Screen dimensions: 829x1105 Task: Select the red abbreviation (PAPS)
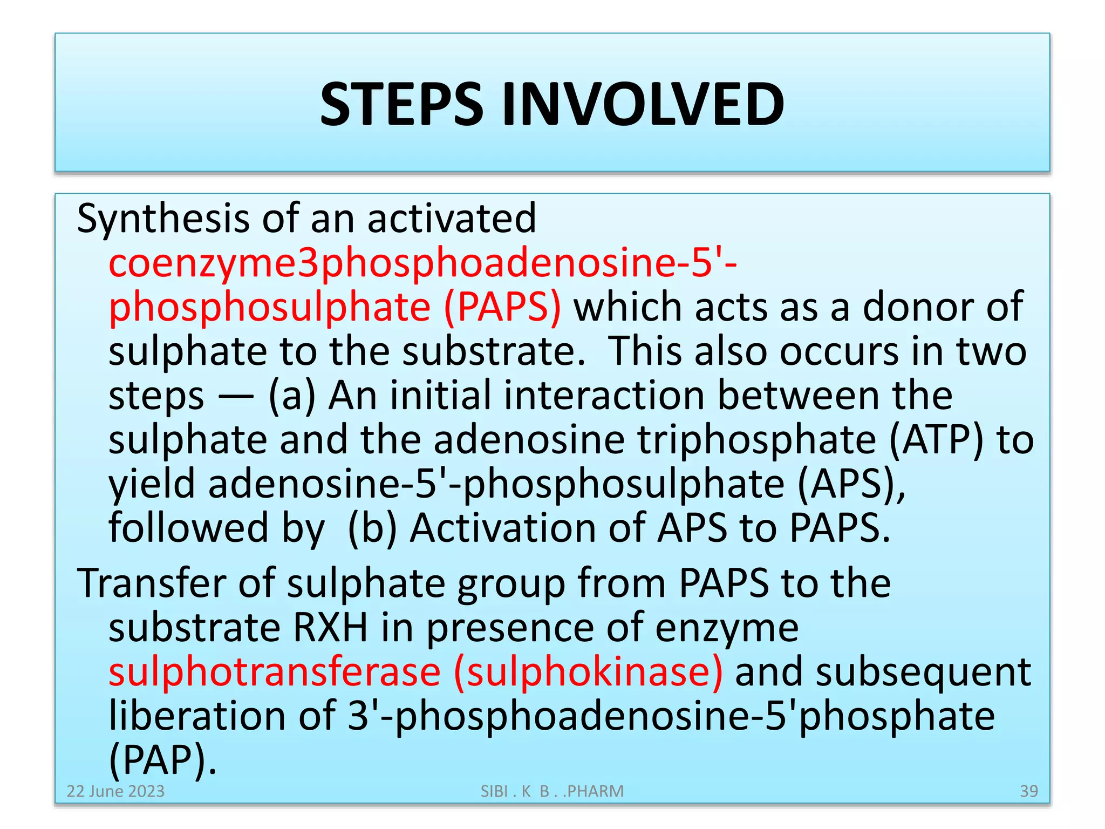coord(502,307)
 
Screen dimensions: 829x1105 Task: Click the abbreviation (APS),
coord(851,484)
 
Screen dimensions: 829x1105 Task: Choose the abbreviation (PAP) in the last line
coord(162,760)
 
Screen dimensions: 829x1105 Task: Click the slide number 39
coord(1029,791)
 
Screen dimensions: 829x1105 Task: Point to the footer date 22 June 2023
coord(115,791)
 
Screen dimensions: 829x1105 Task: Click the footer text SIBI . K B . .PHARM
coord(552,791)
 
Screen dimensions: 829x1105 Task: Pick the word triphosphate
coord(757,440)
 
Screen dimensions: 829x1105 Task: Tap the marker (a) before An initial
coord(292,396)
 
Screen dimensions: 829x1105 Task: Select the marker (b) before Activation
coord(372,528)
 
